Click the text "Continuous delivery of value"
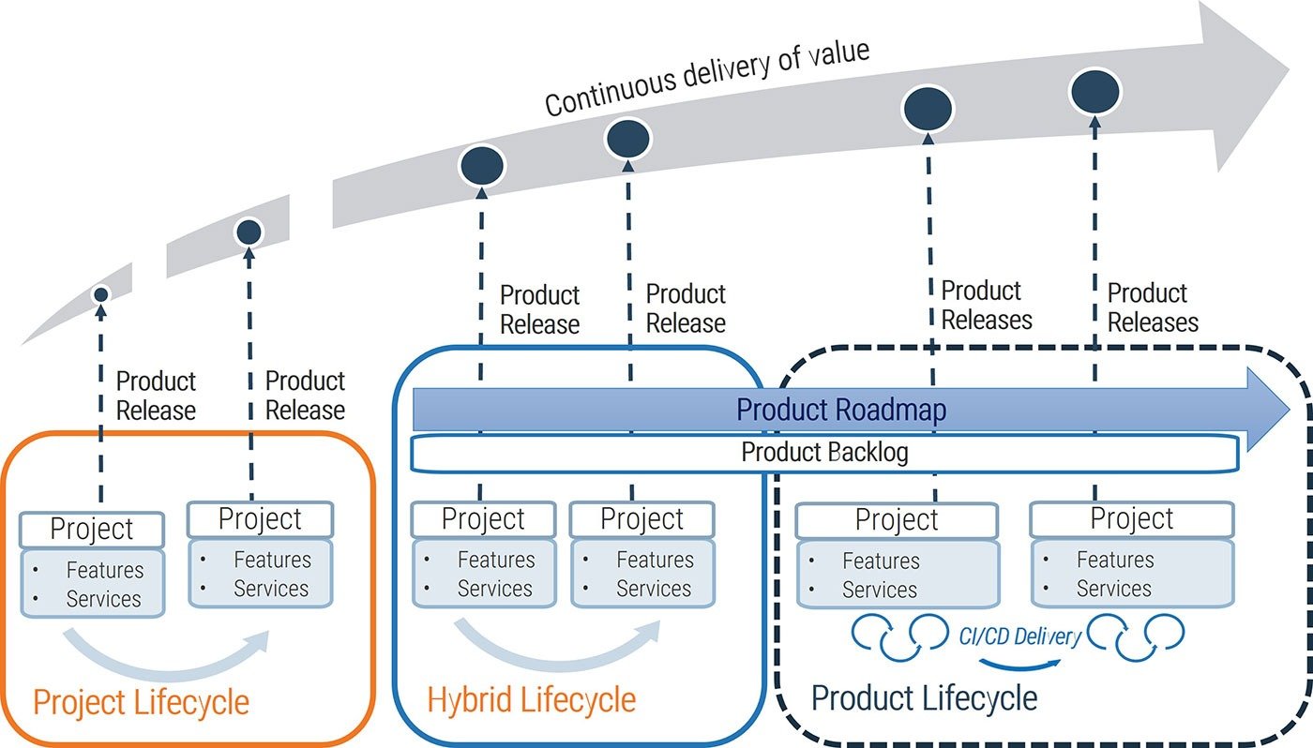[707, 78]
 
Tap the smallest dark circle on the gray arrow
[101, 294]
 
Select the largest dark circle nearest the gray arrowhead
[1094, 89]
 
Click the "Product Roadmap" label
[840, 410]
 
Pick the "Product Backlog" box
[824, 453]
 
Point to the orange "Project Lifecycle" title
[141, 702]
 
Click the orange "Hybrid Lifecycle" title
[531, 699]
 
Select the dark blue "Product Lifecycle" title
[924, 698]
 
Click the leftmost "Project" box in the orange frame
[92, 529]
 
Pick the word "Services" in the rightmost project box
[1113, 589]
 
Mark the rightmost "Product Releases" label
[1153, 307]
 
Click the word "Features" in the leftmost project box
[105, 570]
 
